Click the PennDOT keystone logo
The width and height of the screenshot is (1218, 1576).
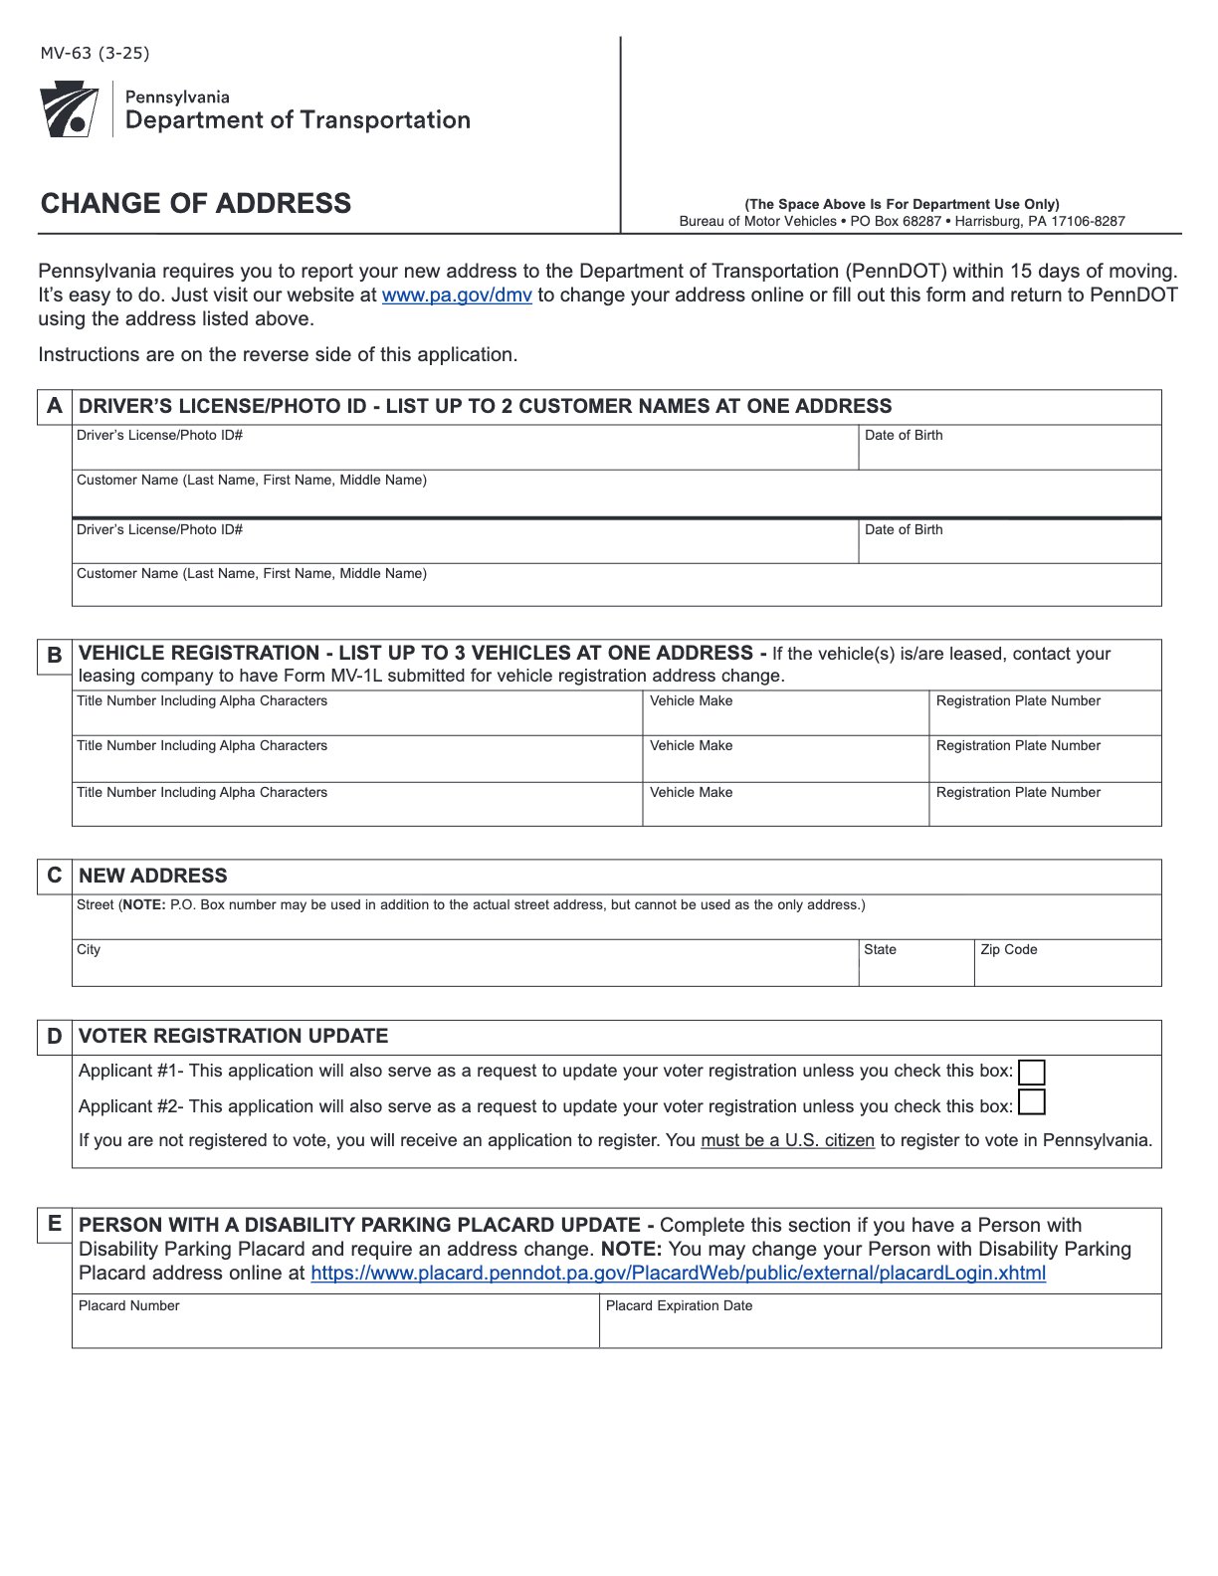click(69, 109)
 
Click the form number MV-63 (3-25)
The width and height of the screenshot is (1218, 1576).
click(95, 54)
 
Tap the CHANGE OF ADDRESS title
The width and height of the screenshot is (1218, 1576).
click(196, 203)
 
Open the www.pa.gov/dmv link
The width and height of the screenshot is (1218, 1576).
click(457, 295)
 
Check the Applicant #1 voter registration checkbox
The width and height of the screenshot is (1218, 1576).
click(1032, 1072)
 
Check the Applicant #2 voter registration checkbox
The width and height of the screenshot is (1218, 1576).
click(1032, 1103)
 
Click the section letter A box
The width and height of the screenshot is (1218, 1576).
click(55, 406)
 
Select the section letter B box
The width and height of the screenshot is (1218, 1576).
click(55, 655)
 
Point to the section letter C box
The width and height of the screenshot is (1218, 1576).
click(55, 876)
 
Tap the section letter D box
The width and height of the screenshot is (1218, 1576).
click(55, 1037)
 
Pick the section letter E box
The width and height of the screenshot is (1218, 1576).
click(55, 1224)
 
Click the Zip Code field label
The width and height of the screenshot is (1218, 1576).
click(1008, 950)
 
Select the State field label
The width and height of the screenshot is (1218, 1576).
click(880, 950)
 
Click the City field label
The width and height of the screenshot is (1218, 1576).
click(89, 950)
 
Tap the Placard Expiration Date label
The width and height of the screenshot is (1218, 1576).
click(679, 1306)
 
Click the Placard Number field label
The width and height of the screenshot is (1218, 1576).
click(129, 1306)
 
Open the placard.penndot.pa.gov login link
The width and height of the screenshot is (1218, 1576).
click(678, 1274)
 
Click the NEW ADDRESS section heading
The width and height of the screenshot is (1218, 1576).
click(153, 876)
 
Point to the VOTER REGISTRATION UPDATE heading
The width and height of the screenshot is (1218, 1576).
click(234, 1037)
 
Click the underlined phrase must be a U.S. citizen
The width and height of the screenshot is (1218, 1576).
click(787, 1140)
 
